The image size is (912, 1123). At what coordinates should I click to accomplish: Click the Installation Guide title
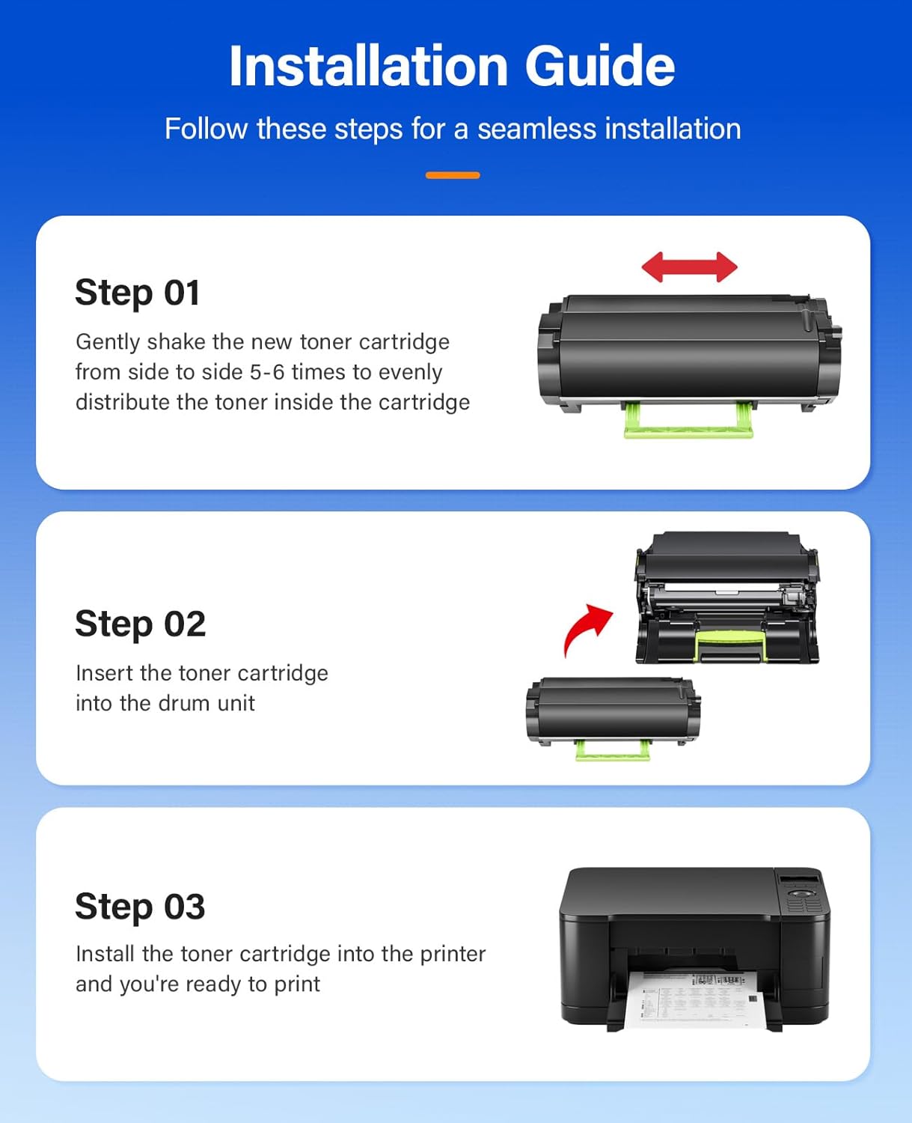pyautogui.click(x=452, y=66)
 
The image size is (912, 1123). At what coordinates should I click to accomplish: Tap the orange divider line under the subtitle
pyautogui.click(x=453, y=175)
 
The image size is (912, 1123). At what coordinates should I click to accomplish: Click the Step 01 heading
pyautogui.click(x=138, y=293)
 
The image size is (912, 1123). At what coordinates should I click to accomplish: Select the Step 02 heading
pyautogui.click(x=141, y=624)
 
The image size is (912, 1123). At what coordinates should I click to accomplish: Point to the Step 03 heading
pyautogui.click(x=140, y=907)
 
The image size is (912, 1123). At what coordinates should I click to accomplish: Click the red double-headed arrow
pyautogui.click(x=689, y=267)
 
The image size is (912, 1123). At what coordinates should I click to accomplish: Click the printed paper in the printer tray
pyautogui.click(x=692, y=999)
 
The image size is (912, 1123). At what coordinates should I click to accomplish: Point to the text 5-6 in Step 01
pyautogui.click(x=267, y=372)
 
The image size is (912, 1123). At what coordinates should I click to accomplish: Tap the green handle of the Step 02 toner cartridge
pyautogui.click(x=612, y=752)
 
